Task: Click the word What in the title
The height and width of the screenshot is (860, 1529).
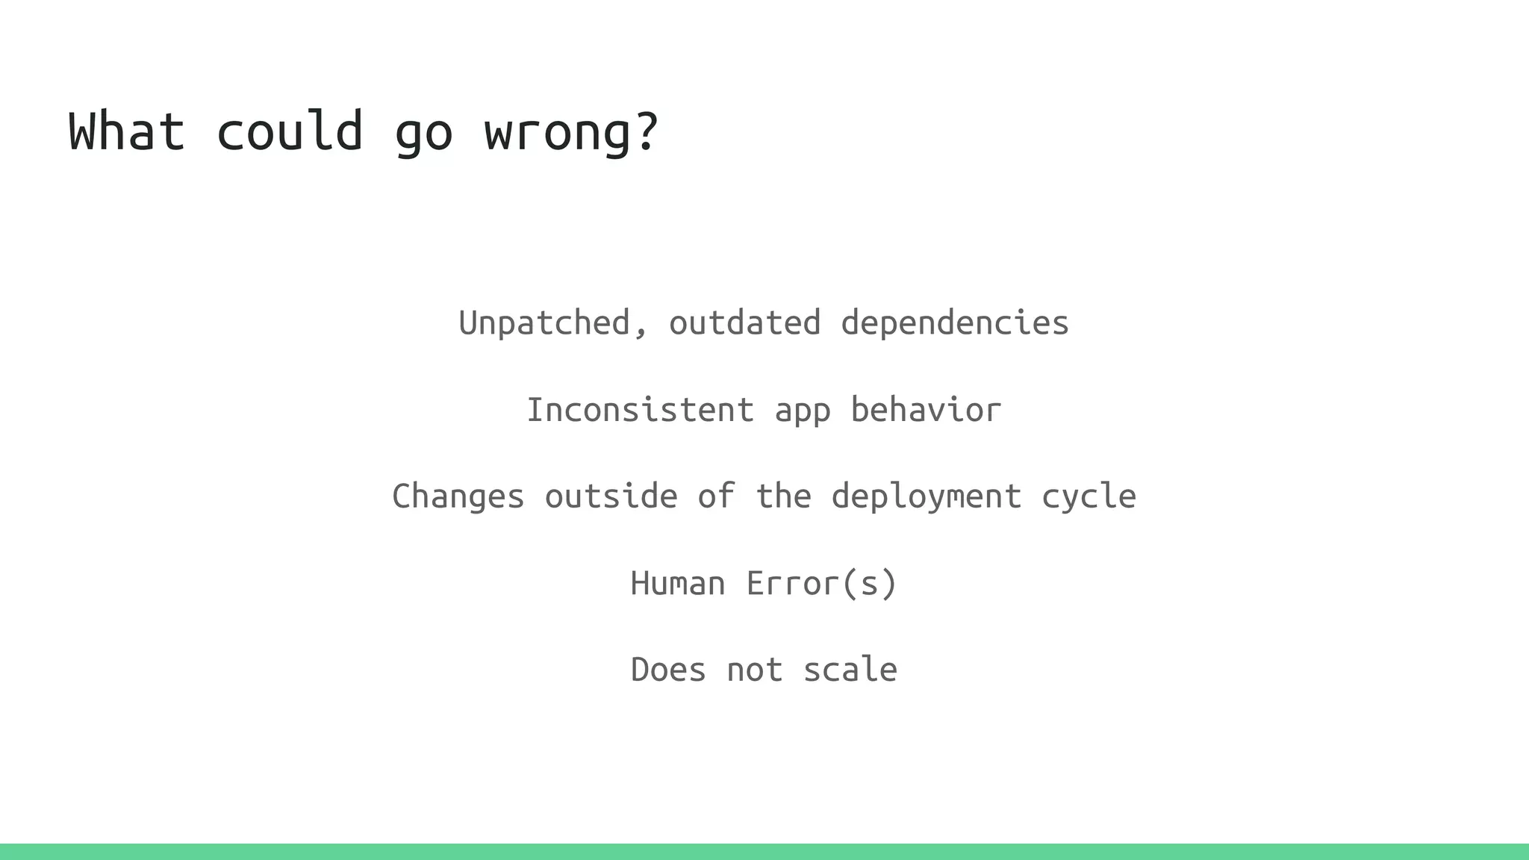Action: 126,131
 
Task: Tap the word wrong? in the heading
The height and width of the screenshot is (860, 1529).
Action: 571,131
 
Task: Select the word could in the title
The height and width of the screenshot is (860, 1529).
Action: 290,131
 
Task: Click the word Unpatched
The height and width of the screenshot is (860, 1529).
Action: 545,323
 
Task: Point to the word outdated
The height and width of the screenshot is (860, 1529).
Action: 744,323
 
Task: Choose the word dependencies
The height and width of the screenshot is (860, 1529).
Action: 955,323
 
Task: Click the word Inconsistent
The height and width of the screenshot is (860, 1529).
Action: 641,410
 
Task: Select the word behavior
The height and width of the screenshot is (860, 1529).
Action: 926,410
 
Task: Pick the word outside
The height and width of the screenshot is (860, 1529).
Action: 611,496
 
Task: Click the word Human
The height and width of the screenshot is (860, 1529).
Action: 677,583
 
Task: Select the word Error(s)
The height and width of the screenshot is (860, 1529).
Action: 821,583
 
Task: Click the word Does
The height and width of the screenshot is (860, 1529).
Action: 668,670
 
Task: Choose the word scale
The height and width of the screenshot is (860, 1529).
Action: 850,670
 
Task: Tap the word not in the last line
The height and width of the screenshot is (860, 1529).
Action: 754,670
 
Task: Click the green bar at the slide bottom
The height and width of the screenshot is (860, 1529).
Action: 764,851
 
